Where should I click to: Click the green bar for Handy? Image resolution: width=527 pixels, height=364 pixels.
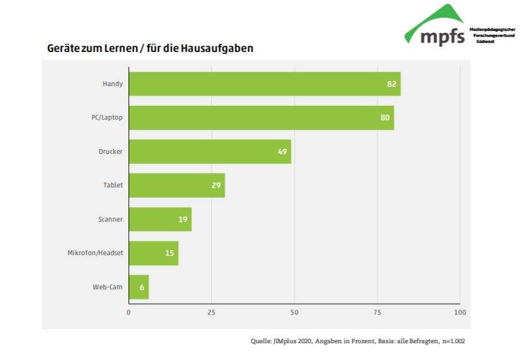264,84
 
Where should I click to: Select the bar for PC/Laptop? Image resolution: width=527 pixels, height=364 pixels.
261,118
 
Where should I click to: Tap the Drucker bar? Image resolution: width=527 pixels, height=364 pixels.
210,151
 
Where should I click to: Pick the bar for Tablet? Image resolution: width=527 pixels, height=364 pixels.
176,185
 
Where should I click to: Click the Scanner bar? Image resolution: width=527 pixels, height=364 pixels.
160,219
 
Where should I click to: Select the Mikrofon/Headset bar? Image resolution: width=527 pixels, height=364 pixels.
154,253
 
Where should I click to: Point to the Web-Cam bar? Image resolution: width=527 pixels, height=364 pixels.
138,287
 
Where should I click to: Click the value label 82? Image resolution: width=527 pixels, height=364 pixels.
392,84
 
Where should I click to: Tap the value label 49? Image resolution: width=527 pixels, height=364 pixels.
282,151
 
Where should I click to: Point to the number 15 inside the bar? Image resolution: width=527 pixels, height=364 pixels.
169,253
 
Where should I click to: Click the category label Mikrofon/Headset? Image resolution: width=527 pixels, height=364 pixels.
95,253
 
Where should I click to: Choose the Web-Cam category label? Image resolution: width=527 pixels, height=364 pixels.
107,287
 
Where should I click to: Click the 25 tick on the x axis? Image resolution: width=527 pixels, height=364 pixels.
212,313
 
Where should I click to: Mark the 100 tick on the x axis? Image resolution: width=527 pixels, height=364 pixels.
459,313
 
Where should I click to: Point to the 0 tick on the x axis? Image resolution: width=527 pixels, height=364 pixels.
129,313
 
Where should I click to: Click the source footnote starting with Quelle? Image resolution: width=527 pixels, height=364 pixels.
358,341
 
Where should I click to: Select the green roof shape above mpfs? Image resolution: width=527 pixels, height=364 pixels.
442,16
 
